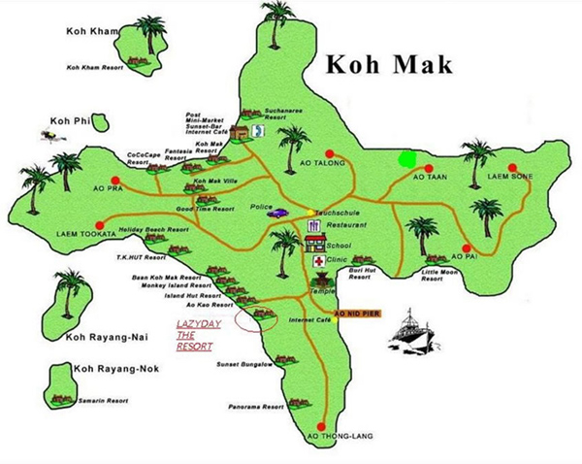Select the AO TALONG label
[x=322, y=166]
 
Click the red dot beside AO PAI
[x=467, y=246]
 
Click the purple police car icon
[x=278, y=212]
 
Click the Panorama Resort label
[x=254, y=407]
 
